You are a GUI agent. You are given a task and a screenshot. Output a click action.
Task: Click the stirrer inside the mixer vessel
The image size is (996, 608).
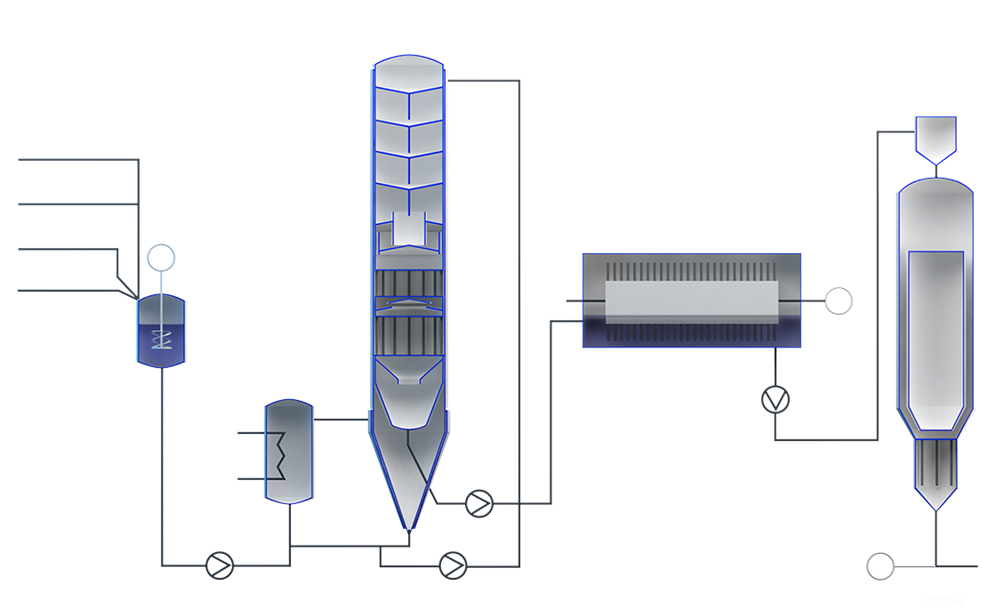tap(161, 339)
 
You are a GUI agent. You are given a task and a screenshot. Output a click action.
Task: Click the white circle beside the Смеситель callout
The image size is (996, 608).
tap(161, 259)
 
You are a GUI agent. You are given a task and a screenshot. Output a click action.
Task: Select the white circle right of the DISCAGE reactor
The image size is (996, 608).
tap(838, 301)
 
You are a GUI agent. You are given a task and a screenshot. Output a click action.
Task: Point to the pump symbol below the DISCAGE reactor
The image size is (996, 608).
tap(775, 397)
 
